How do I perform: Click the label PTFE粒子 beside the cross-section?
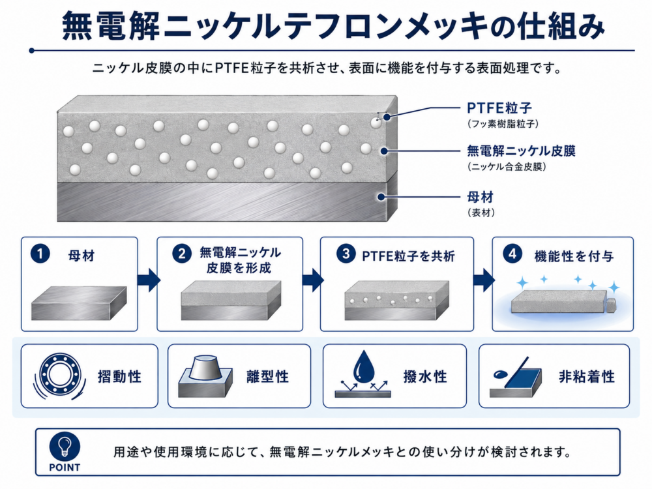(x=499, y=108)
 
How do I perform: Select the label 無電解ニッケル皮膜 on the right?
(x=521, y=151)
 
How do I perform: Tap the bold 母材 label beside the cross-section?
(x=481, y=197)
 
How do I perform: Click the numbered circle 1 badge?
(x=40, y=254)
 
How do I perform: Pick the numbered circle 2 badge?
(x=182, y=254)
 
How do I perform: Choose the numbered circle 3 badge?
(x=346, y=254)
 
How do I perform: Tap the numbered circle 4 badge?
(x=512, y=254)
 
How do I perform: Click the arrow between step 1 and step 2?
(x=149, y=280)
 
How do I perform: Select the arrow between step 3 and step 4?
(x=484, y=280)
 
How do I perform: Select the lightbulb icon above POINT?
(x=65, y=447)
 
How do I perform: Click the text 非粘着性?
(x=587, y=377)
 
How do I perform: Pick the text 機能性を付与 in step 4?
(x=574, y=256)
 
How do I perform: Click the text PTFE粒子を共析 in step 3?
(x=408, y=256)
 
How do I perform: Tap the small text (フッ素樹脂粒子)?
(x=503, y=124)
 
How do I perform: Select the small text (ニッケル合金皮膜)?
(x=507, y=167)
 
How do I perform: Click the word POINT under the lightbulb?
(x=65, y=467)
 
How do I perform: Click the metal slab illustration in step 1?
(x=79, y=303)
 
